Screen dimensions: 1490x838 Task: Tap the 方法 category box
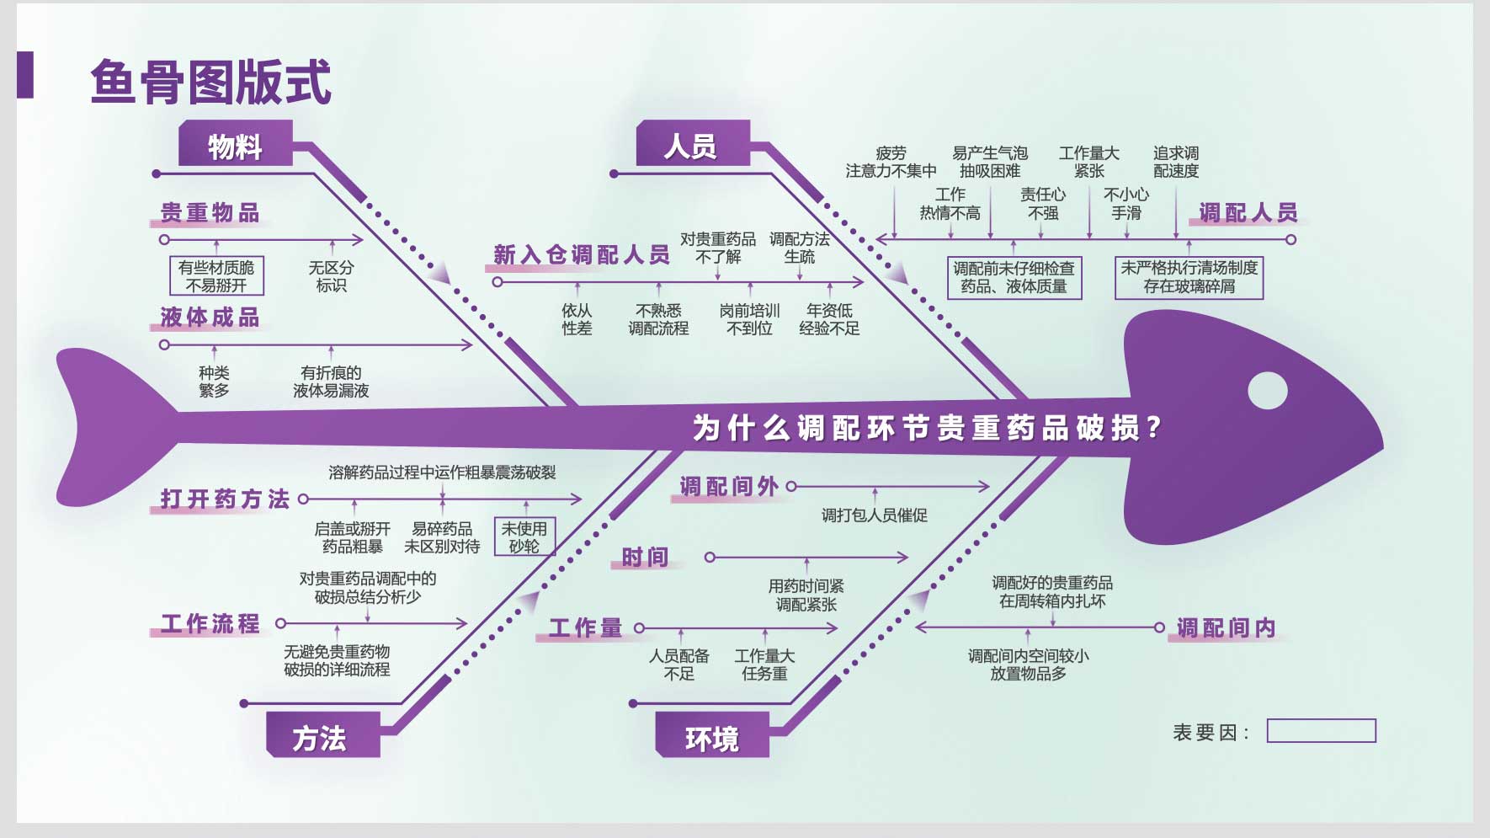click(323, 734)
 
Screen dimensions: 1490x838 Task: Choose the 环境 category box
click(712, 734)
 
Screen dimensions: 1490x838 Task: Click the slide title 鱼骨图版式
click(210, 82)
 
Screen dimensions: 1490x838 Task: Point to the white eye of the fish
click(1267, 390)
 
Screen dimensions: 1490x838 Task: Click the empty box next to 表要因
click(1321, 731)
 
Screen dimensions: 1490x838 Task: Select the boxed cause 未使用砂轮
click(524, 536)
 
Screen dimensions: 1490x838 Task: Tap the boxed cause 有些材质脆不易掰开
click(216, 275)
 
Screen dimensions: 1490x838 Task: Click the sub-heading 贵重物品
click(210, 212)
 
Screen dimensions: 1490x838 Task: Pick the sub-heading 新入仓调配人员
click(582, 254)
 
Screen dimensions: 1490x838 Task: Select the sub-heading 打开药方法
click(225, 499)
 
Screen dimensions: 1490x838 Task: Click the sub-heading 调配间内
click(1226, 627)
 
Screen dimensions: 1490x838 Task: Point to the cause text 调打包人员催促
click(875, 515)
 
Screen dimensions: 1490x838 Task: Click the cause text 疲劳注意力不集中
click(891, 162)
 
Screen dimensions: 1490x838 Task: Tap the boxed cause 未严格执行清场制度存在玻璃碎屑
click(1189, 277)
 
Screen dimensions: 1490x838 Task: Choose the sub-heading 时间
click(645, 557)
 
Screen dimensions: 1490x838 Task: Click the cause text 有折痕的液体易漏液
click(331, 382)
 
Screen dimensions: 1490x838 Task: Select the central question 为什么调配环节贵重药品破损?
click(927, 428)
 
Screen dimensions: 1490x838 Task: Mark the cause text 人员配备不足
click(679, 665)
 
